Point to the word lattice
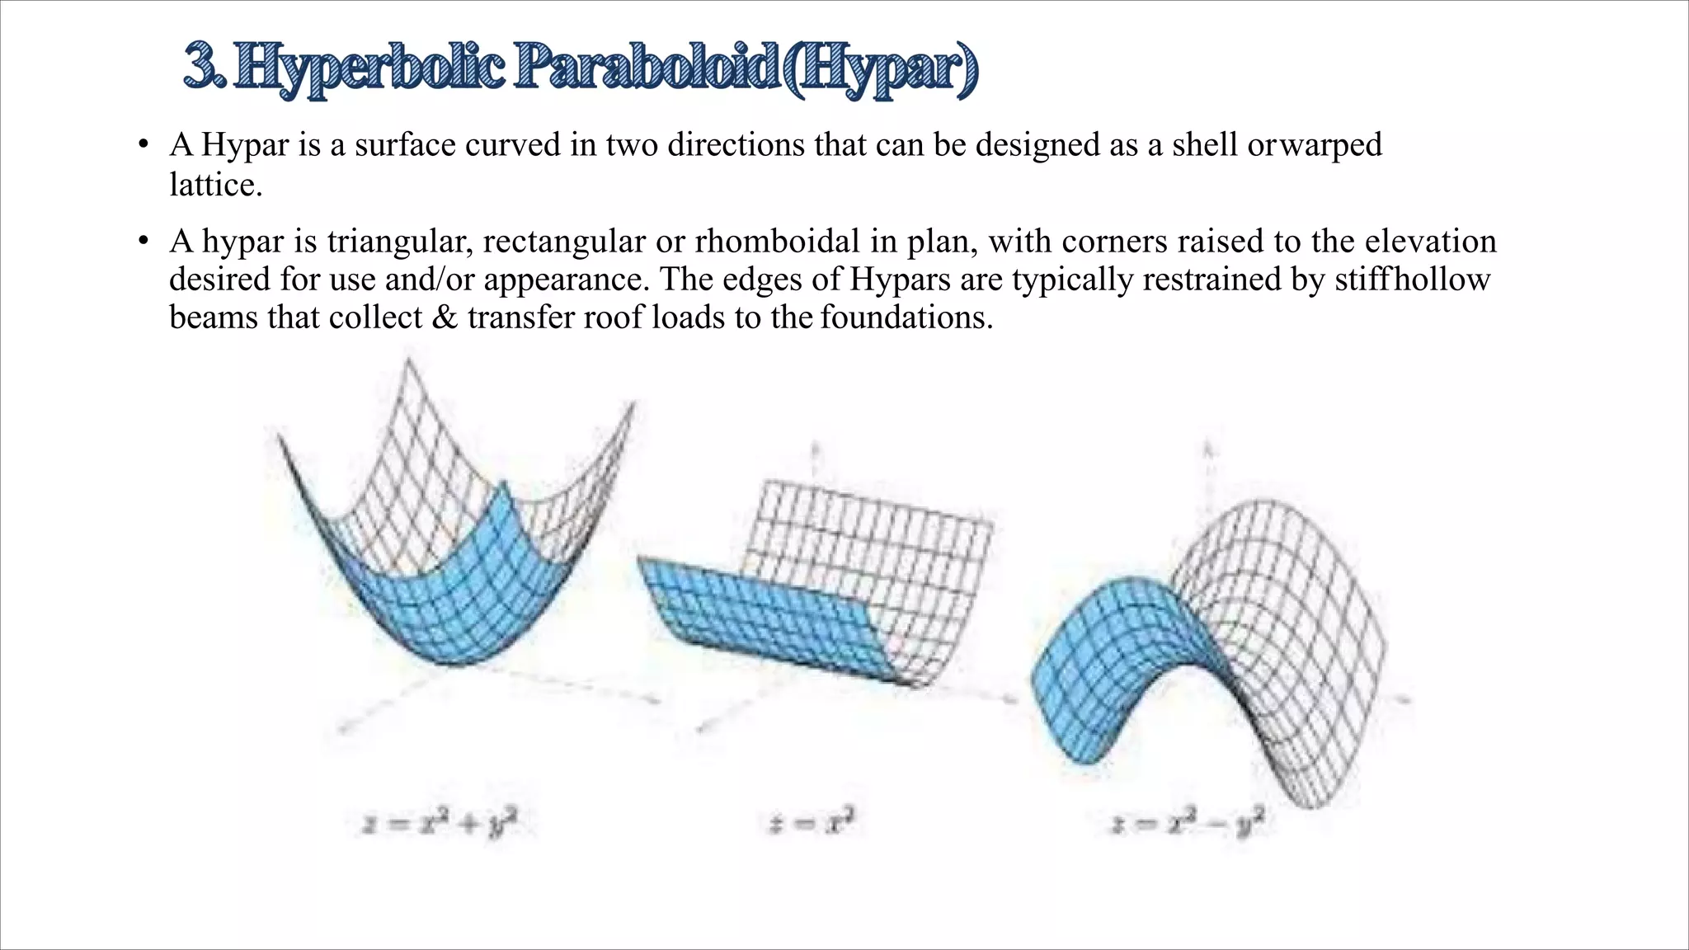[x=215, y=185]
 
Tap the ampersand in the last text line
[x=445, y=317]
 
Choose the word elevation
[x=1430, y=242]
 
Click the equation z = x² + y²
[x=440, y=824]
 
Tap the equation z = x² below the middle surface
[x=812, y=822]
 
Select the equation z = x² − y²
[x=1188, y=824]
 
